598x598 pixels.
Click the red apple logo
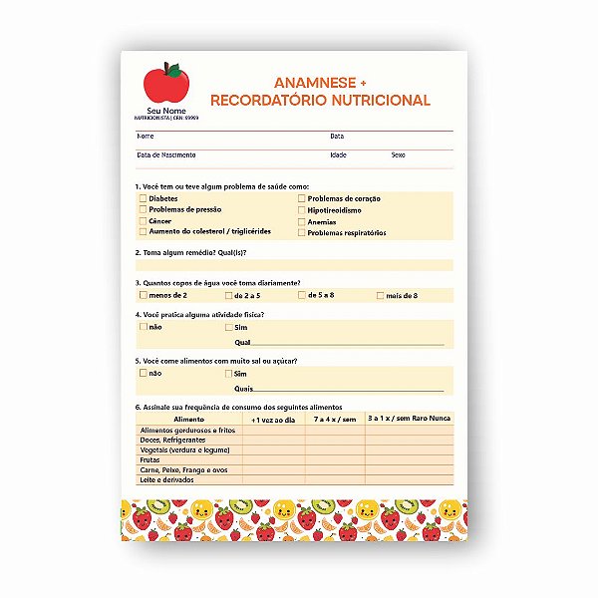pyautogui.click(x=163, y=82)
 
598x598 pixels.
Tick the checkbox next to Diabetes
pyautogui.click(x=143, y=199)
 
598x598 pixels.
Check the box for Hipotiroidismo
pyautogui.click(x=302, y=210)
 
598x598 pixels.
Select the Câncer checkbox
pyautogui.click(x=143, y=221)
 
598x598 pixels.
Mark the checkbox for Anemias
pyautogui.click(x=302, y=221)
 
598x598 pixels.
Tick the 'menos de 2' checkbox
pyautogui.click(x=143, y=296)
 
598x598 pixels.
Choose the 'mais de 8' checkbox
pyautogui.click(x=381, y=296)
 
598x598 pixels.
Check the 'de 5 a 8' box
pyautogui.click(x=302, y=296)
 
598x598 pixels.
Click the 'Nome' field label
pyautogui.click(x=146, y=136)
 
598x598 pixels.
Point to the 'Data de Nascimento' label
pyautogui.click(x=165, y=155)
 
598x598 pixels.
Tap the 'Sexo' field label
pyautogui.click(x=398, y=155)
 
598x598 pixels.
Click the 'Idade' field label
pyautogui.click(x=338, y=155)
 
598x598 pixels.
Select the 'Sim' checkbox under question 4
pyautogui.click(x=228, y=327)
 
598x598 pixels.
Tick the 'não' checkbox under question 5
pyautogui.click(x=143, y=373)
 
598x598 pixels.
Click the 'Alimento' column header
pyautogui.click(x=188, y=420)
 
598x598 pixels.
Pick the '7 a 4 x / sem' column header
pyautogui.click(x=334, y=420)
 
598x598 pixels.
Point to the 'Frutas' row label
pyautogui.click(x=151, y=459)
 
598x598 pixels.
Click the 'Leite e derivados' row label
pyautogui.click(x=168, y=479)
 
